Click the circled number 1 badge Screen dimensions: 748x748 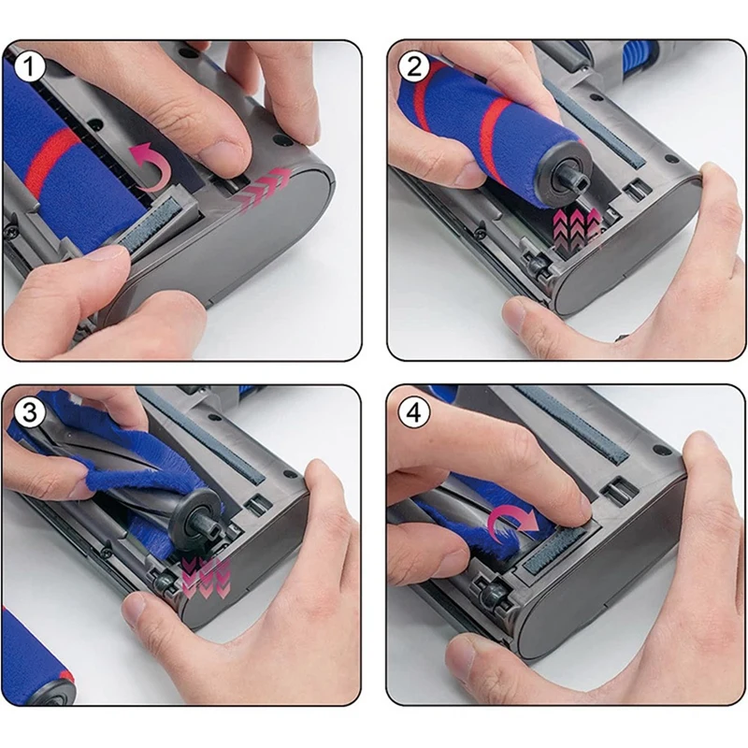click(x=29, y=67)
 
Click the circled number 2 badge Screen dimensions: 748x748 click(x=413, y=67)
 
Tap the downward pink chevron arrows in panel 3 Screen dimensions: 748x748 click(x=207, y=577)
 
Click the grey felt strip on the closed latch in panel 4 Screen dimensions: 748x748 click(x=554, y=551)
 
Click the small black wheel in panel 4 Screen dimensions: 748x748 click(x=490, y=588)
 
